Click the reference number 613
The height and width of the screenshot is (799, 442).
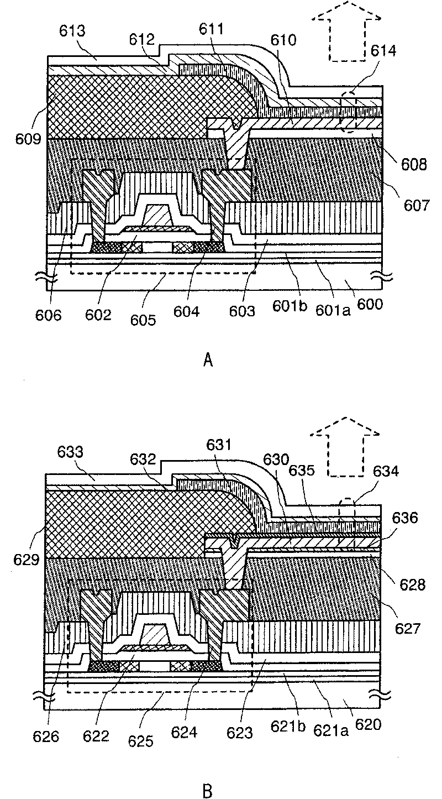point(72,32)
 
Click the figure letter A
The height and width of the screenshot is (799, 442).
point(208,361)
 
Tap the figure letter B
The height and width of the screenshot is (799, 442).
point(208,791)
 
